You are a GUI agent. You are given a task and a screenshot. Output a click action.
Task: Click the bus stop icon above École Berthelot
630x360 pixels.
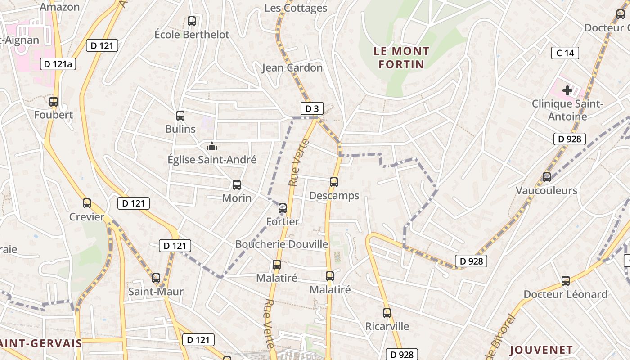click(x=192, y=21)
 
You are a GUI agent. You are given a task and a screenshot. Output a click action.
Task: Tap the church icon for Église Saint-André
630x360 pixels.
click(x=211, y=146)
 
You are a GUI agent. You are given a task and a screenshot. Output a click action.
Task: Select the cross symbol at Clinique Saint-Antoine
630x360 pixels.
click(x=567, y=90)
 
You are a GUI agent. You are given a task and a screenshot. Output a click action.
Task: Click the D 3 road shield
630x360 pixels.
click(x=312, y=108)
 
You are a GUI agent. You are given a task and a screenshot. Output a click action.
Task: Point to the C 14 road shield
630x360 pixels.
click(x=565, y=53)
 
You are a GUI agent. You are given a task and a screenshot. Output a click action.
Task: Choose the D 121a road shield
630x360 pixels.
click(x=58, y=64)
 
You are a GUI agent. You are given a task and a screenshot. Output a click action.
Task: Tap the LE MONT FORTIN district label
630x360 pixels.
click(x=401, y=58)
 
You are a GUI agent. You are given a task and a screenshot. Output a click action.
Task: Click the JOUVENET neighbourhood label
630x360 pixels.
click(x=541, y=350)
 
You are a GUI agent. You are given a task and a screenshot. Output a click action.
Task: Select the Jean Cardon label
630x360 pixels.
click(x=292, y=68)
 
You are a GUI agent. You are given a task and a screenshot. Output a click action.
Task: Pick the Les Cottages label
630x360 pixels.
click(x=296, y=8)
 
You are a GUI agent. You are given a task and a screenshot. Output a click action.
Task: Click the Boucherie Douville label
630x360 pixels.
click(x=282, y=244)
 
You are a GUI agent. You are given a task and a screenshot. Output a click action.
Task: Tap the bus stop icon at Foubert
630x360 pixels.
click(x=54, y=102)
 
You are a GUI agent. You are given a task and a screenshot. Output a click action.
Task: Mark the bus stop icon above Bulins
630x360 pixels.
click(x=180, y=116)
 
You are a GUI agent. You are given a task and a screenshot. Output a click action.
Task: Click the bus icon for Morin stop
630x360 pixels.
click(x=237, y=184)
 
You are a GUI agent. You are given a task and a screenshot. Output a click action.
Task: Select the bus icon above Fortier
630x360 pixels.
click(x=283, y=208)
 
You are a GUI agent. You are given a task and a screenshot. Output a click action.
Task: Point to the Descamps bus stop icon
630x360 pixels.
click(x=334, y=182)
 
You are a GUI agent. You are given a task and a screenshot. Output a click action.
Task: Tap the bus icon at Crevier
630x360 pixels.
click(x=87, y=203)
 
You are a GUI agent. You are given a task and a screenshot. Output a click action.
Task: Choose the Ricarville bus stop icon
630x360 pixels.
click(x=387, y=313)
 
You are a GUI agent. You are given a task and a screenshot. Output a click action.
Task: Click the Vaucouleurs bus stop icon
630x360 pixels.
click(x=547, y=177)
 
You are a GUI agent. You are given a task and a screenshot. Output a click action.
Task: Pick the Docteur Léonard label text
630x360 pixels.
click(x=565, y=294)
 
